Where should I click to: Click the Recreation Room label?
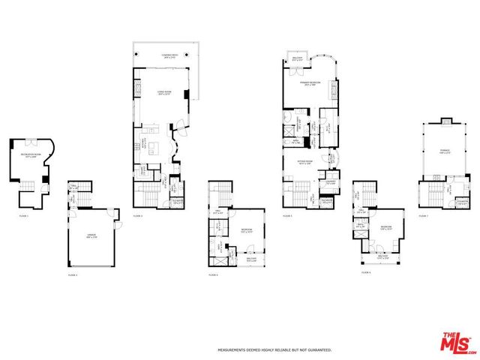27,156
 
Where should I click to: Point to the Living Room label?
163,92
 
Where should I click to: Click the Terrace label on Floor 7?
445,151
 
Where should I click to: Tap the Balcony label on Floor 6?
383,257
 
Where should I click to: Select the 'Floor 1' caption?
23,216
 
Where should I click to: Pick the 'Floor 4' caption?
213,276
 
